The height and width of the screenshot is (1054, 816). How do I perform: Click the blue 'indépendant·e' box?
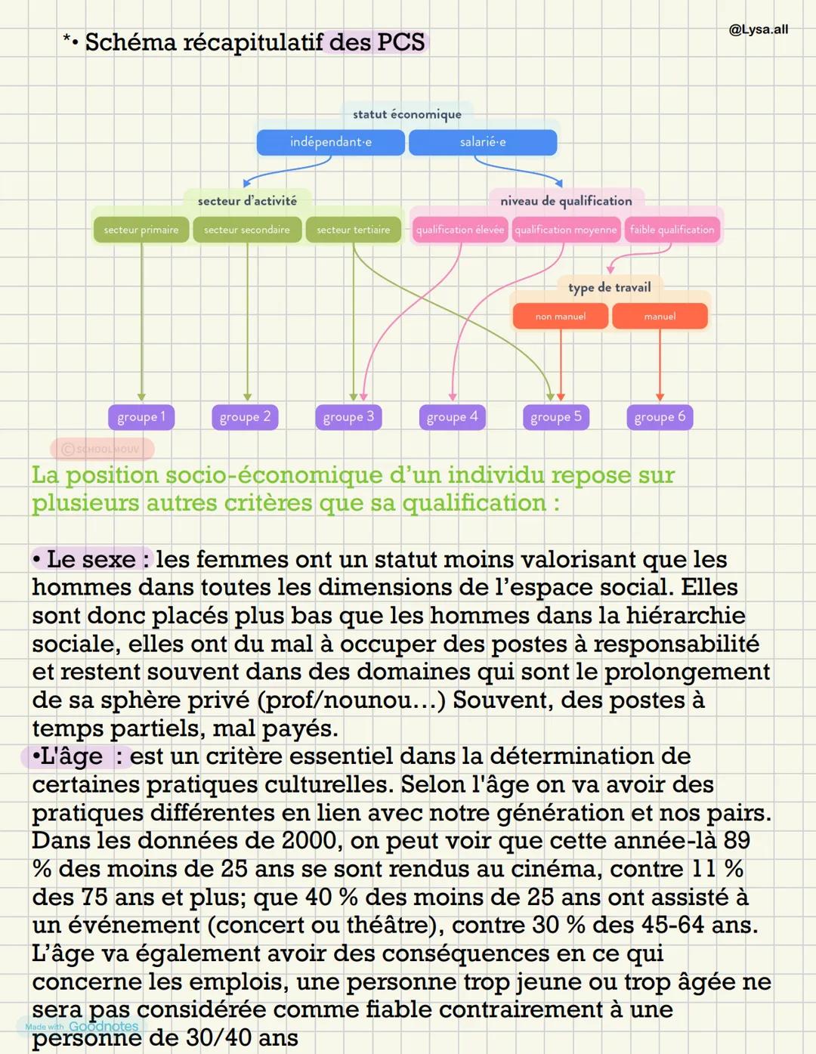331,142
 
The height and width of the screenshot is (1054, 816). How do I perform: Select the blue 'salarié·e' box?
483,142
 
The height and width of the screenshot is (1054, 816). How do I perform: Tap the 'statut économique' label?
406,114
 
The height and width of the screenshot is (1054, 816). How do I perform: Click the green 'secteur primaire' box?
141,230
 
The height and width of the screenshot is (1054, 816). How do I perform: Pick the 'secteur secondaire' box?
247,230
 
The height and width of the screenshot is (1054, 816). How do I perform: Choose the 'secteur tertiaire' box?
354,230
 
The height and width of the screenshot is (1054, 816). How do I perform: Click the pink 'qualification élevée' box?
459,230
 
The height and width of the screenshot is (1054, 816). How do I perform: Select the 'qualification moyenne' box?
566,230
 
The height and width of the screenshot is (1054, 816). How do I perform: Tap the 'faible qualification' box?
672,230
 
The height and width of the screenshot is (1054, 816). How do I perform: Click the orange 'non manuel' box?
561,316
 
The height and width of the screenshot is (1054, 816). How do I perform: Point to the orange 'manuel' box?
660,316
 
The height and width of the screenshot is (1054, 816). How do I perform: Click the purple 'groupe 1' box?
141,416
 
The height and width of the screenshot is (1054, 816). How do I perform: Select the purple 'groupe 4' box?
452,416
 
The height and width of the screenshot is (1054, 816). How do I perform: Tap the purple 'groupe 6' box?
660,416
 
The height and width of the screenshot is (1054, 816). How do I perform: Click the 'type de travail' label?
609,287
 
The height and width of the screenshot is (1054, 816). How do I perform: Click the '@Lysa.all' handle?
758,29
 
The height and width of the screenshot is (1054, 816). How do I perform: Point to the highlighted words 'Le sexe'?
91,559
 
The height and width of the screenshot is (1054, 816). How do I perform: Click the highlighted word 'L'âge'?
72,756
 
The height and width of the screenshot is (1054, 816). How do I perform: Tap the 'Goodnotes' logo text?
104,1026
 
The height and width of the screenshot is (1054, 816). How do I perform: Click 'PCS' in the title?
400,42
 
